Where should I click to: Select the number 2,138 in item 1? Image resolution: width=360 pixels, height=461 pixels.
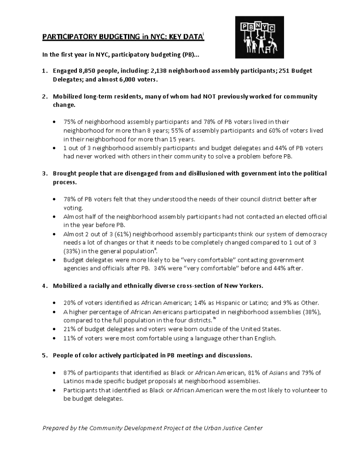pos(158,70)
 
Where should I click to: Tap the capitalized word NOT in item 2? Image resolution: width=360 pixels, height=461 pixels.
pos(209,97)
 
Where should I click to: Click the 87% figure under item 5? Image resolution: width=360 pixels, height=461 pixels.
pos(70,372)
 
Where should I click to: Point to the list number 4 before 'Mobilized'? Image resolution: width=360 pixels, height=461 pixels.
pos(44,286)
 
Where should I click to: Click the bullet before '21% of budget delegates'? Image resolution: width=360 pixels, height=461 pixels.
pos(56,329)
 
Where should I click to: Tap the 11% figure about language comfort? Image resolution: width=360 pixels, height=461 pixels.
pos(70,338)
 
